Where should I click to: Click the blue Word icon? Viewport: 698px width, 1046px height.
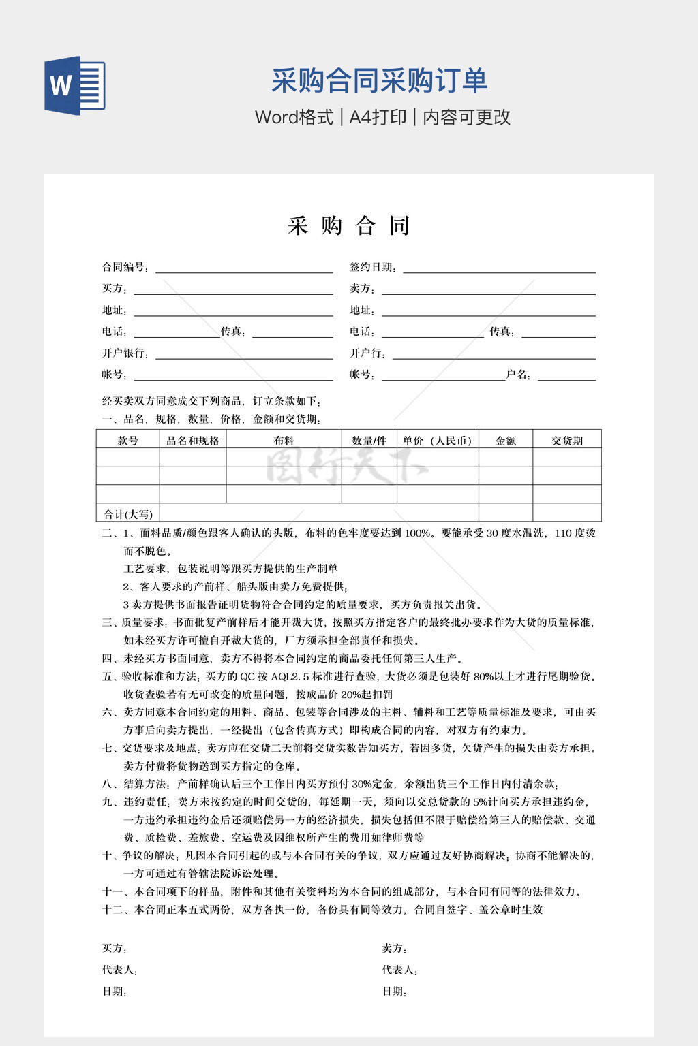point(75,85)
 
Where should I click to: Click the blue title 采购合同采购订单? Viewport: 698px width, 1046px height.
point(379,80)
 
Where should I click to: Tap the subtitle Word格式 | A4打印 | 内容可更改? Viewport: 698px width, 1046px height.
point(382,117)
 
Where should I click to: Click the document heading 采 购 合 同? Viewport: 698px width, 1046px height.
point(348,225)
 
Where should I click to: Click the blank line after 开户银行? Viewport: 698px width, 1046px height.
point(243,354)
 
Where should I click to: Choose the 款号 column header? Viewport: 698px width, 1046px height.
point(127,441)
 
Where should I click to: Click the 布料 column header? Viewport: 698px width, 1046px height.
point(284,441)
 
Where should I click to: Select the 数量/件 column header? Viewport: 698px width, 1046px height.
point(369,441)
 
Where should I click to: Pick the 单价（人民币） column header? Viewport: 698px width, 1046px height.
point(437,441)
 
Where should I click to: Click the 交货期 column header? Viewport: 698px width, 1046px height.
point(566,441)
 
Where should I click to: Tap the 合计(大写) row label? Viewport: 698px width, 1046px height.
point(128,514)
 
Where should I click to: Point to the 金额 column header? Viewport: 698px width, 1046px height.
point(505,441)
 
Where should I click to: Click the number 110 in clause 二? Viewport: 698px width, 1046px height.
point(563,533)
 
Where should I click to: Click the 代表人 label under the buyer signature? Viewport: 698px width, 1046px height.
point(119,970)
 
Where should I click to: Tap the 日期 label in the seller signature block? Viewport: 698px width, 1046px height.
point(394,992)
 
